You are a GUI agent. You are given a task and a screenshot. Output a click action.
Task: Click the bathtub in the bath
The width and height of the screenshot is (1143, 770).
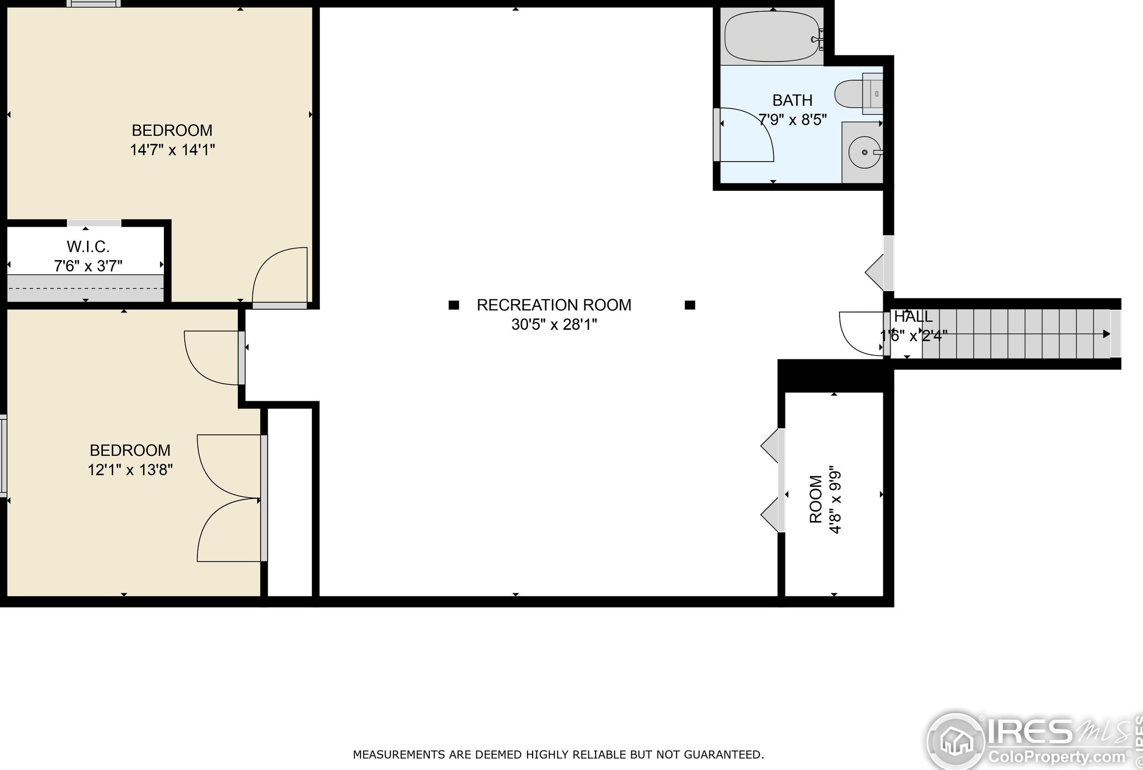click(772, 36)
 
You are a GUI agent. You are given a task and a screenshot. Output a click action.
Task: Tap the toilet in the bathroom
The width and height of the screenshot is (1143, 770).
click(858, 94)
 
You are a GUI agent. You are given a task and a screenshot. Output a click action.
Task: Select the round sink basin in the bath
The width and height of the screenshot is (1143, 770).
click(865, 152)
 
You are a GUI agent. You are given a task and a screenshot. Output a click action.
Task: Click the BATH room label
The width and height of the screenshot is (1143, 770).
click(792, 100)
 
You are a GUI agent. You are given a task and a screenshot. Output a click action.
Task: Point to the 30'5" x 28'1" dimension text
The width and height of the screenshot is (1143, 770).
click(554, 324)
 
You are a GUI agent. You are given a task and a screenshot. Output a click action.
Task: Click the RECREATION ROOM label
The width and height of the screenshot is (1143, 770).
click(554, 305)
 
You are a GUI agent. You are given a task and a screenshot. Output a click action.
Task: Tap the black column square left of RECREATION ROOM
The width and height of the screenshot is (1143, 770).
click(453, 305)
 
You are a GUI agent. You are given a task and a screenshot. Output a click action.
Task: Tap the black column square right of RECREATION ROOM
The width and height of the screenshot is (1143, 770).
click(690, 305)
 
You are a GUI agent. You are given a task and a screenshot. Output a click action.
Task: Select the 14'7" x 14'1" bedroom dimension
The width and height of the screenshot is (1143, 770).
click(172, 149)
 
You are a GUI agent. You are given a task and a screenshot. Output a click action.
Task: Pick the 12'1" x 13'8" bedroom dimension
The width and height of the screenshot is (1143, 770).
click(130, 469)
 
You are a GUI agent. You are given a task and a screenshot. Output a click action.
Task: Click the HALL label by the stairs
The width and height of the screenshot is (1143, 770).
click(913, 316)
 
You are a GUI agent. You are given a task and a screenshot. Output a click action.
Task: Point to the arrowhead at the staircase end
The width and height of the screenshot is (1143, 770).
click(1107, 334)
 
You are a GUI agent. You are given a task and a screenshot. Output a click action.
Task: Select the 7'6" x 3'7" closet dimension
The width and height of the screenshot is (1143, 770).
click(88, 266)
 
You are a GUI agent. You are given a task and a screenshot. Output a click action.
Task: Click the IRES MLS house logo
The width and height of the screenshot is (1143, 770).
click(955, 741)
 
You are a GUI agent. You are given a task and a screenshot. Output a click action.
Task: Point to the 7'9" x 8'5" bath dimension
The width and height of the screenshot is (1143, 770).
click(792, 119)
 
